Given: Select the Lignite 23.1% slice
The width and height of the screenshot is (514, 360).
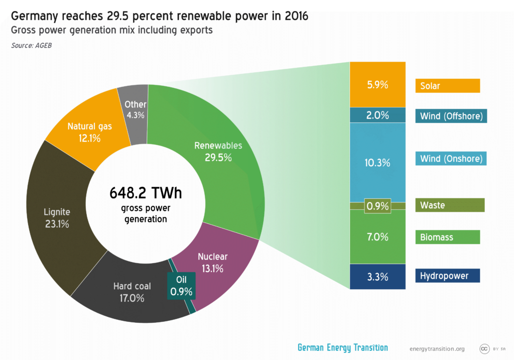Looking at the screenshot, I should point(57,217).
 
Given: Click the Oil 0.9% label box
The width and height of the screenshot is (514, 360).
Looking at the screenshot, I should point(181,285).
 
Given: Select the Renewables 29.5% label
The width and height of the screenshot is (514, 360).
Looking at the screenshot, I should point(218,151).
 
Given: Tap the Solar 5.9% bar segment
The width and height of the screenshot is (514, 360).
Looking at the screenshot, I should point(377,84).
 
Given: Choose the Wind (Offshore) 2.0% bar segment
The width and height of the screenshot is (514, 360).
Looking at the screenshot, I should point(377,115).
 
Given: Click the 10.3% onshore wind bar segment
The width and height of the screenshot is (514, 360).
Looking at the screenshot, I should point(377,162).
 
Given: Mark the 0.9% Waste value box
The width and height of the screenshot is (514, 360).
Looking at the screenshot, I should point(377,205).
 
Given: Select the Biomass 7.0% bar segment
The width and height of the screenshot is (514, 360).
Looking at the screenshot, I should point(377,236).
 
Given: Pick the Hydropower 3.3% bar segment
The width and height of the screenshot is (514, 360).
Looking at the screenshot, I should point(377,276).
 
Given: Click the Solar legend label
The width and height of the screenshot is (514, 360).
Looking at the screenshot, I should point(447,86).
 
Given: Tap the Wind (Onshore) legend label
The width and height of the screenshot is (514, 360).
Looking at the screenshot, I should point(451,159).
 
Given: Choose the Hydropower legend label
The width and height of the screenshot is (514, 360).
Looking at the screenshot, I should point(447,276).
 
